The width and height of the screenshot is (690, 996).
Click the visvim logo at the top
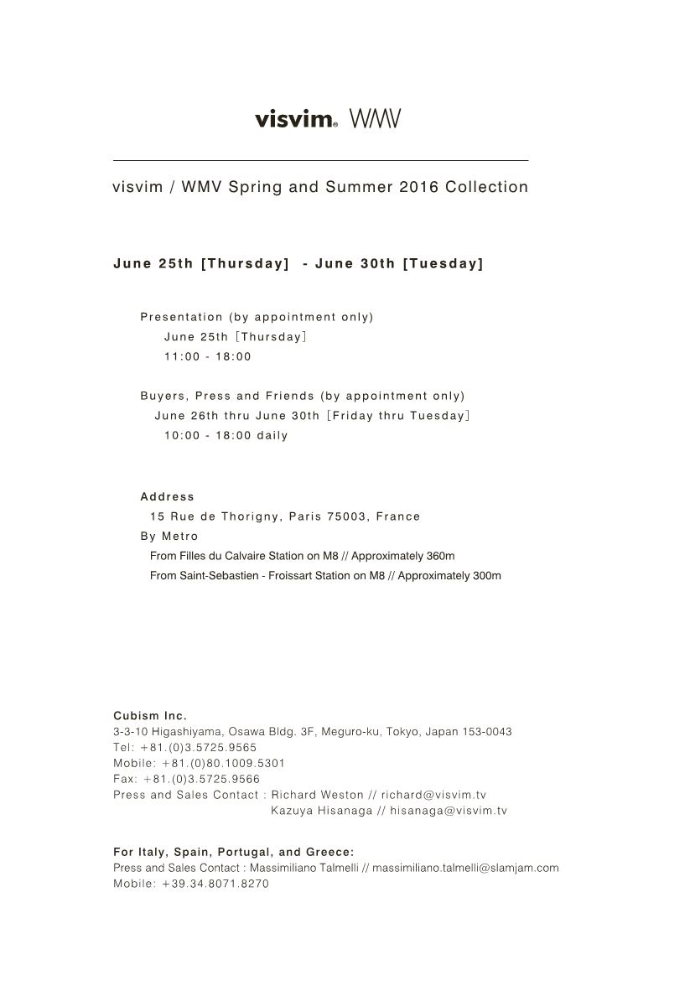pyautogui.click(x=295, y=119)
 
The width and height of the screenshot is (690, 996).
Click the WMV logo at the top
pyautogui.click(x=375, y=119)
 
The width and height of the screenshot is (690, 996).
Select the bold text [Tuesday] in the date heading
pyautogui.click(x=443, y=263)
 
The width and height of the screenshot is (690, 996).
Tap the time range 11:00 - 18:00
pyautogui.click(x=208, y=356)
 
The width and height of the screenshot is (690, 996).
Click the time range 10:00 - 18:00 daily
pyautogui.click(x=226, y=435)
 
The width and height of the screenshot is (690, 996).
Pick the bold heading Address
pyautogui.click(x=167, y=496)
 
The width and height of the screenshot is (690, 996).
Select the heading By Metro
pyautogui.click(x=169, y=536)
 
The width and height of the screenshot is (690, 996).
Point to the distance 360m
pyautogui.click(x=440, y=556)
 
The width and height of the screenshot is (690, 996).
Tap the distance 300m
pyautogui.click(x=486, y=576)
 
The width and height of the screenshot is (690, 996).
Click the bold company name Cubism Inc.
pyautogui.click(x=150, y=715)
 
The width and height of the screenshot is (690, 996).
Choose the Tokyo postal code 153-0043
pyautogui.click(x=487, y=731)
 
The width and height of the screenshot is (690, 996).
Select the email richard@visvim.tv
pyautogui.click(x=433, y=795)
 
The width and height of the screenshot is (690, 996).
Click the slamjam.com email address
pyautogui.click(x=465, y=868)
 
